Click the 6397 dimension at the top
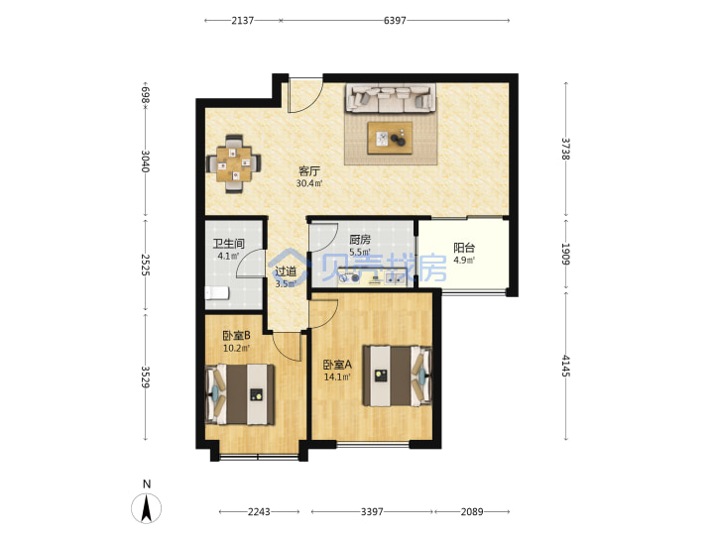395,21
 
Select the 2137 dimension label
242,21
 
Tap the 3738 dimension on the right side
565,149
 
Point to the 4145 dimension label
565,366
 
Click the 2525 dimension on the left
145,265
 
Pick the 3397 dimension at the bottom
372,512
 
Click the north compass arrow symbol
146,508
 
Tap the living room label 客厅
309,171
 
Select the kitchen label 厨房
360,240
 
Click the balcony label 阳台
464,248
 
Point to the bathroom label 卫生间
229,244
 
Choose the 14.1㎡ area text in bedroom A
337,377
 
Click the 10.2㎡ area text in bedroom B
236,349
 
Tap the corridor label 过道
286,272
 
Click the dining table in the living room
234,163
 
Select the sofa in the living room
391,98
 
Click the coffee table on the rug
391,138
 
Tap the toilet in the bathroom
216,293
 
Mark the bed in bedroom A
397,375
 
